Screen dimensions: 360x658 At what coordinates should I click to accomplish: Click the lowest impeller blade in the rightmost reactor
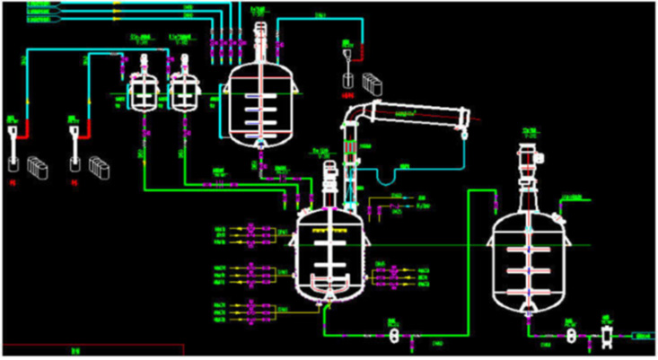tap(529, 293)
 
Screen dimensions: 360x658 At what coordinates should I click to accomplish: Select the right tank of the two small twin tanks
tap(184, 91)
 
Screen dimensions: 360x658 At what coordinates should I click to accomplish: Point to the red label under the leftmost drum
tap(13, 182)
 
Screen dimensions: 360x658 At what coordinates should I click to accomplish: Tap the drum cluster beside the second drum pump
tap(98, 166)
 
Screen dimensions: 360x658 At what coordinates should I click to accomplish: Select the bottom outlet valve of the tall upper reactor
tap(260, 146)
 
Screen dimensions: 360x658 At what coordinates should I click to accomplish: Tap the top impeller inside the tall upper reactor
tap(260, 90)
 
